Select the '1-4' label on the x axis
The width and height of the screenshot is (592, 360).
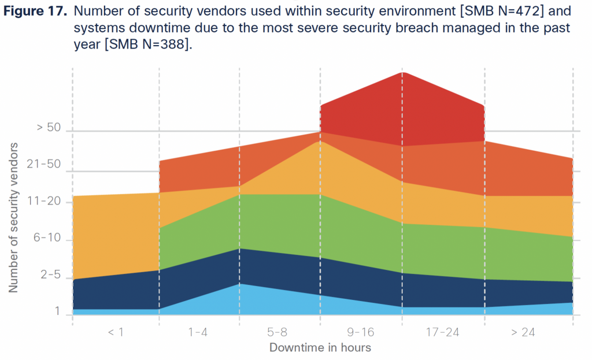pos(198,332)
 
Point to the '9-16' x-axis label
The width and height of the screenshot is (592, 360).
pos(360,332)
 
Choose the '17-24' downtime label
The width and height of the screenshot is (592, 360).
pos(443,332)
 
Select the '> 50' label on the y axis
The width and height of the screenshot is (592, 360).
pos(49,128)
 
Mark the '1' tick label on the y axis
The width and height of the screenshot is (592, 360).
pos(57,311)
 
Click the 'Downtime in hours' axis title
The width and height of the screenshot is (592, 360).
pos(320,347)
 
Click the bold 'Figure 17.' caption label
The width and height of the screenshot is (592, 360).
pos(36,11)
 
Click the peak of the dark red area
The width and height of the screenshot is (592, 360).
pos(403,73)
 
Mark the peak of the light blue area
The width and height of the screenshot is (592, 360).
pos(239,284)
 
